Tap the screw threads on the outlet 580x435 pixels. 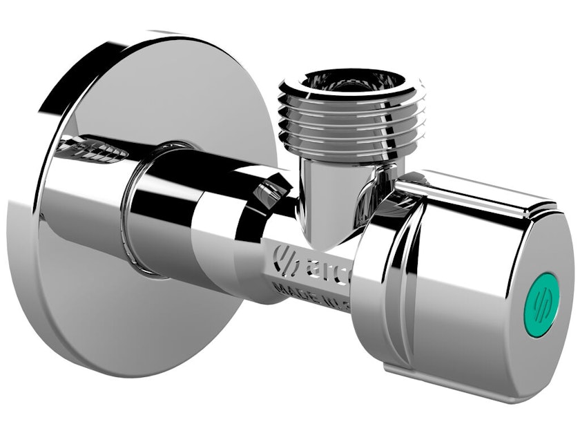[x=352, y=121]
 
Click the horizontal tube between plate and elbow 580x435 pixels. [x=207, y=221]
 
